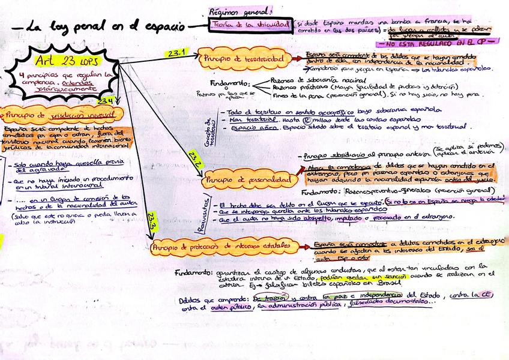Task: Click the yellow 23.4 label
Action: pos(106,100)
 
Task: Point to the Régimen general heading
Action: pos(239,11)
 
